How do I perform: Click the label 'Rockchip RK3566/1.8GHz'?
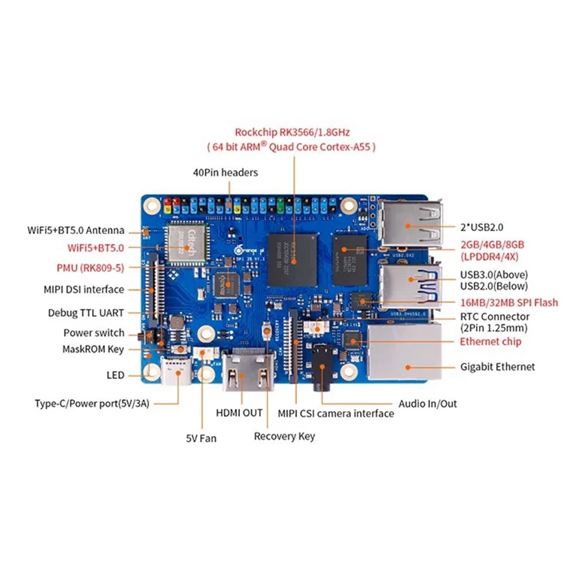[x=293, y=132]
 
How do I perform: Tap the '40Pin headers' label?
[x=226, y=172]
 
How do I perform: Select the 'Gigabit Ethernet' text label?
[x=498, y=367]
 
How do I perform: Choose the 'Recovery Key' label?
[x=284, y=436]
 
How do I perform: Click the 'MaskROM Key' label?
[x=94, y=349]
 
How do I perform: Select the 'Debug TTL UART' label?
[x=86, y=313]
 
